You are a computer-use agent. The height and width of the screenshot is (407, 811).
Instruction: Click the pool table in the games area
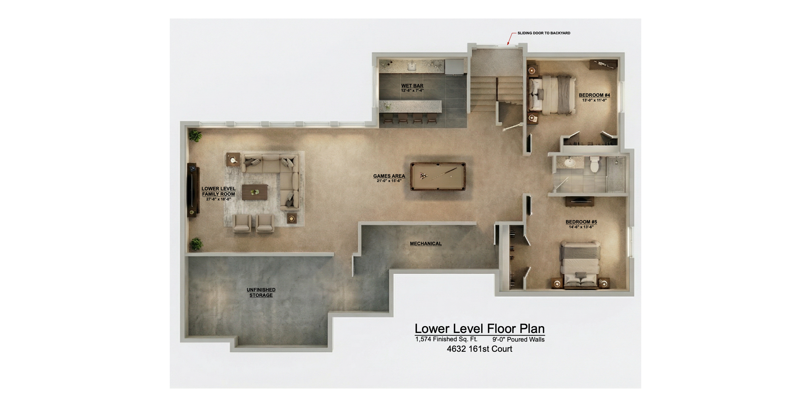point(438,176)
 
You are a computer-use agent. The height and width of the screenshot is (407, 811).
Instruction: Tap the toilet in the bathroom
point(594,164)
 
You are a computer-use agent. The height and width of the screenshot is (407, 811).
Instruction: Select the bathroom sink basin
point(570,163)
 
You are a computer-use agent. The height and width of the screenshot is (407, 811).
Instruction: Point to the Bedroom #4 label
point(594,95)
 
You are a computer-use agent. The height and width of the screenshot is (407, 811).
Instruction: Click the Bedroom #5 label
point(581,222)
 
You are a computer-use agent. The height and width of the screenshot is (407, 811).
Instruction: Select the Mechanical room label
point(426,244)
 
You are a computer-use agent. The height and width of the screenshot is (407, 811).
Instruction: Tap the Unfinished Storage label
point(261,293)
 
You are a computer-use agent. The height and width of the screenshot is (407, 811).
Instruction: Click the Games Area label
point(389,176)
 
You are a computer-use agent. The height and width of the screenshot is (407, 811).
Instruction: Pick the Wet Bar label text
point(412,86)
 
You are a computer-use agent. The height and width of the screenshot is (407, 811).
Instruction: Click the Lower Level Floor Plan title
point(479,329)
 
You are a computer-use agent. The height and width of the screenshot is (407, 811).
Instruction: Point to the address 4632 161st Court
point(479,349)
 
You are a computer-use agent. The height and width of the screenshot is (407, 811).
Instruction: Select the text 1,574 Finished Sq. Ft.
point(446,339)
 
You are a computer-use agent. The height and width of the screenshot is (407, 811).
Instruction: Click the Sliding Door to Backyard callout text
point(544,33)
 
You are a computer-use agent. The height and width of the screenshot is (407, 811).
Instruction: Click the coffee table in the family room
point(255,192)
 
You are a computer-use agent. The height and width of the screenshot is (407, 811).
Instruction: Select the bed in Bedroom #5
point(580,265)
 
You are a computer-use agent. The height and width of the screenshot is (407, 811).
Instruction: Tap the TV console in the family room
point(193,190)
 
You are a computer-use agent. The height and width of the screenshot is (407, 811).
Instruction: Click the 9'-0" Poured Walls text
point(518,339)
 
